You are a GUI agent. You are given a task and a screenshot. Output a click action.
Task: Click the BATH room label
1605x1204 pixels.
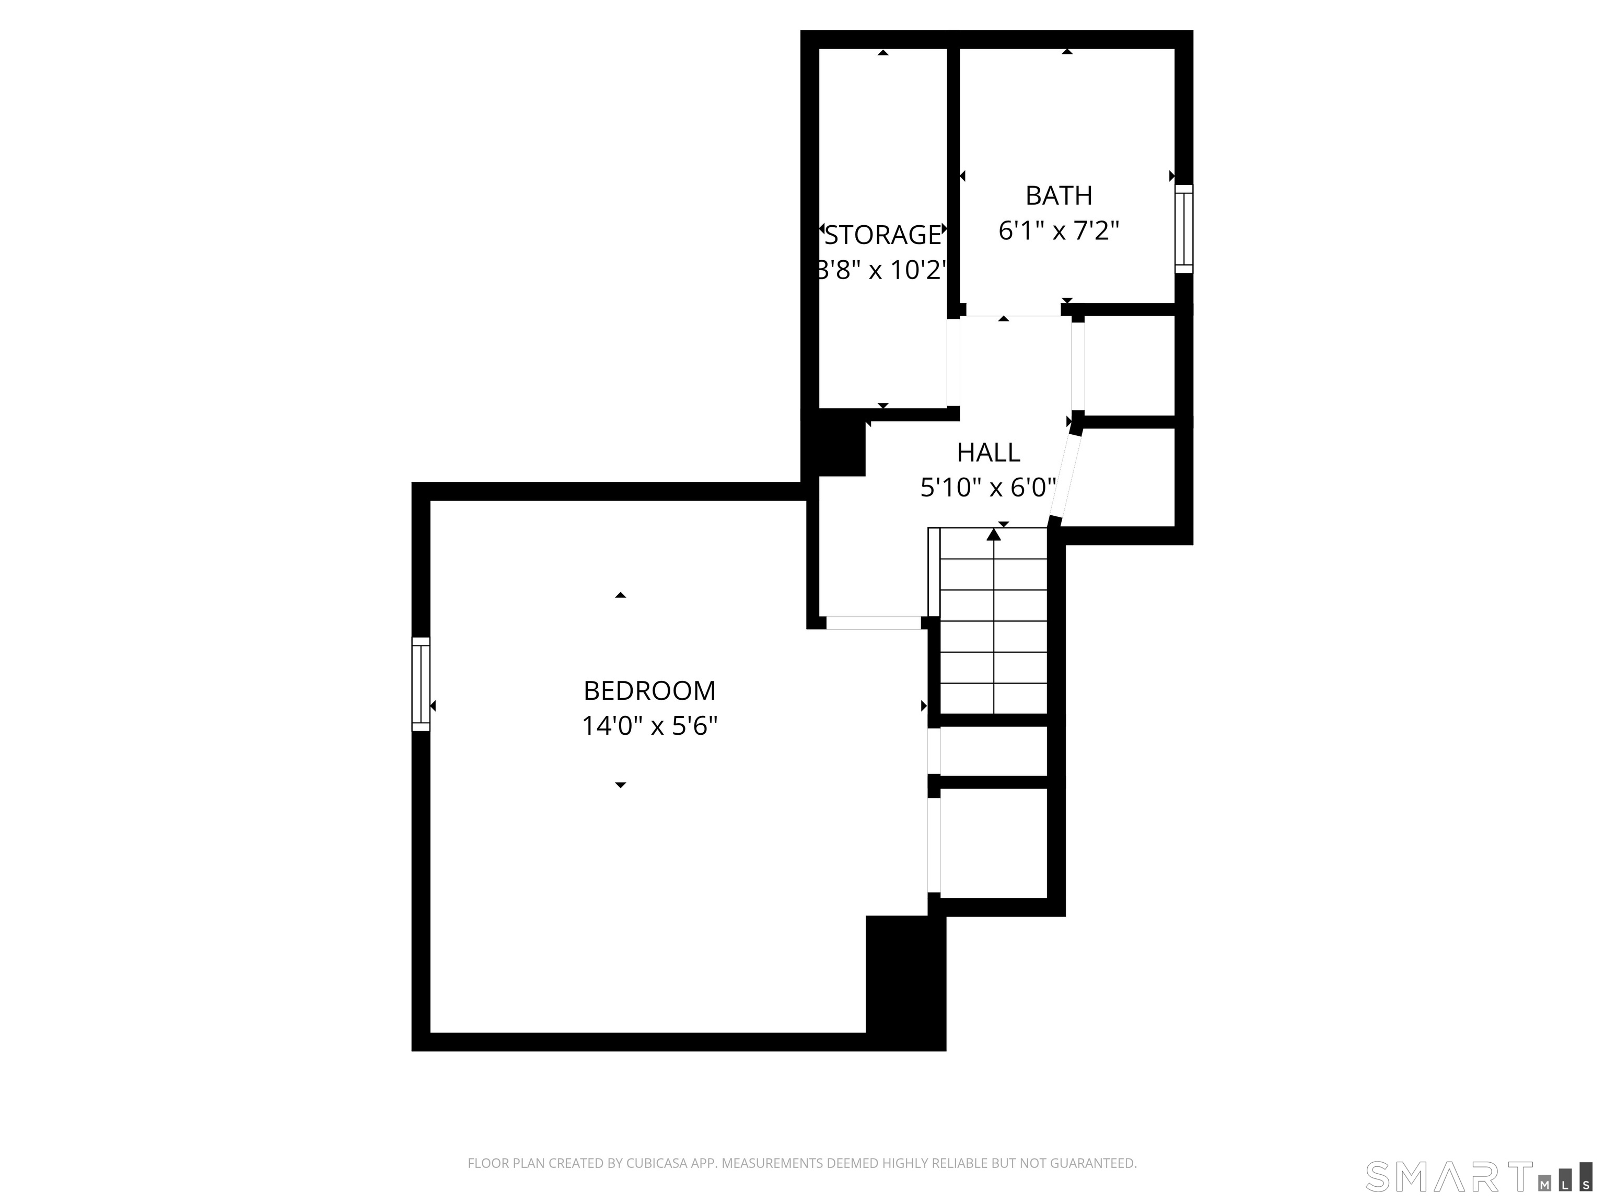coord(1059,196)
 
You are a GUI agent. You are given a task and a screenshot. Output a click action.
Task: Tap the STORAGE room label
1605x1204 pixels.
coord(883,235)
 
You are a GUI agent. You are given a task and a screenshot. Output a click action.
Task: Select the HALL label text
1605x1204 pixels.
coord(988,453)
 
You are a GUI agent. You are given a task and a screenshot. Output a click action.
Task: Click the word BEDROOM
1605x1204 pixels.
coord(649,691)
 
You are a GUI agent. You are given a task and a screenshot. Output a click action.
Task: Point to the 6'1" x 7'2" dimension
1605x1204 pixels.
coord(1059,231)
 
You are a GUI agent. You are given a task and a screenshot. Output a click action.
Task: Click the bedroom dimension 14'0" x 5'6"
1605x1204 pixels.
coord(649,726)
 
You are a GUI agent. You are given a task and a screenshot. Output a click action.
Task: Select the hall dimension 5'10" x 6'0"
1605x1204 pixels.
coord(988,488)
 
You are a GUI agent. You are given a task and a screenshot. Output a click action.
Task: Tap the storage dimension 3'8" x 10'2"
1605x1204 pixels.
coord(883,271)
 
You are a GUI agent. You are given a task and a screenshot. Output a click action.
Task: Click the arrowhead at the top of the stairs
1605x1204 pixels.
coord(993,535)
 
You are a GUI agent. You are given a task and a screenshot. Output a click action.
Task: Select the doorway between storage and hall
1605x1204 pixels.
coord(953,363)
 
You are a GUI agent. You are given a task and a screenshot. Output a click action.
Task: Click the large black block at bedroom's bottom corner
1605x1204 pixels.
coord(905,981)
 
